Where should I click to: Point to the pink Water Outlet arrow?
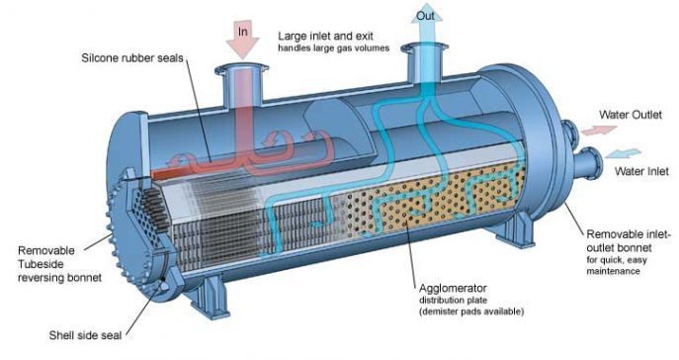(591, 131)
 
